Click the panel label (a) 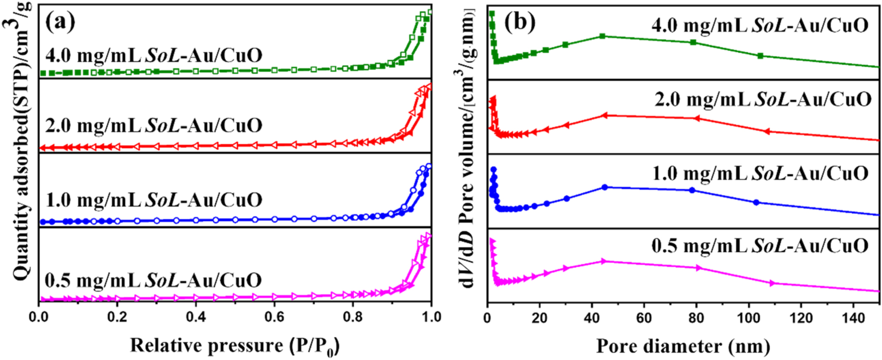[x=60, y=22]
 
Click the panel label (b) [x=520, y=22]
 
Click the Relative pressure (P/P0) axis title [x=235, y=346]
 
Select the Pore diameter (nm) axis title [x=683, y=346]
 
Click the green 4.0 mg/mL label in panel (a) [x=154, y=55]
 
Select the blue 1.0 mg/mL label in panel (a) [x=154, y=200]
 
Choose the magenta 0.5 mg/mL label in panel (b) [x=760, y=246]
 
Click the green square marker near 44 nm [x=602, y=36]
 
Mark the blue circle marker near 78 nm [x=692, y=190]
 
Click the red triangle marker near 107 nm [x=767, y=131]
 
